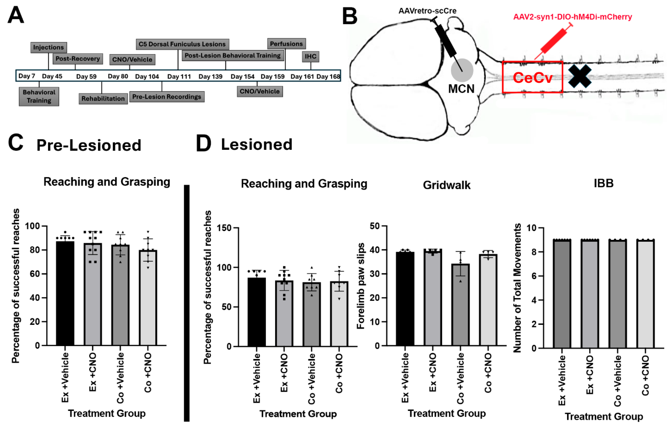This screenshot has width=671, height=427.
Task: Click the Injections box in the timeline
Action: coord(48,47)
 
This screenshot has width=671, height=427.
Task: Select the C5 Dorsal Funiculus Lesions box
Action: coord(182,44)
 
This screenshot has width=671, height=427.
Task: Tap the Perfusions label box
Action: coord(286,44)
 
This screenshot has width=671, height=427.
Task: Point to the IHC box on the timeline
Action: coord(310,56)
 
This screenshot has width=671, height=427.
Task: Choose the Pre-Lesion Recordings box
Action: coord(167,97)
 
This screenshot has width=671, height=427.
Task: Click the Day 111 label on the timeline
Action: coord(179,76)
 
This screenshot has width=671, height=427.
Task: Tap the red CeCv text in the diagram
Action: coord(532,78)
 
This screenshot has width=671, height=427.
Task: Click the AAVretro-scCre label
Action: coord(427,11)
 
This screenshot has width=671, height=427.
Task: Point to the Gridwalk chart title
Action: coord(446,185)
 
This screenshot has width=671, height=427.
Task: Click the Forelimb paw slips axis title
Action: coord(361,286)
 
